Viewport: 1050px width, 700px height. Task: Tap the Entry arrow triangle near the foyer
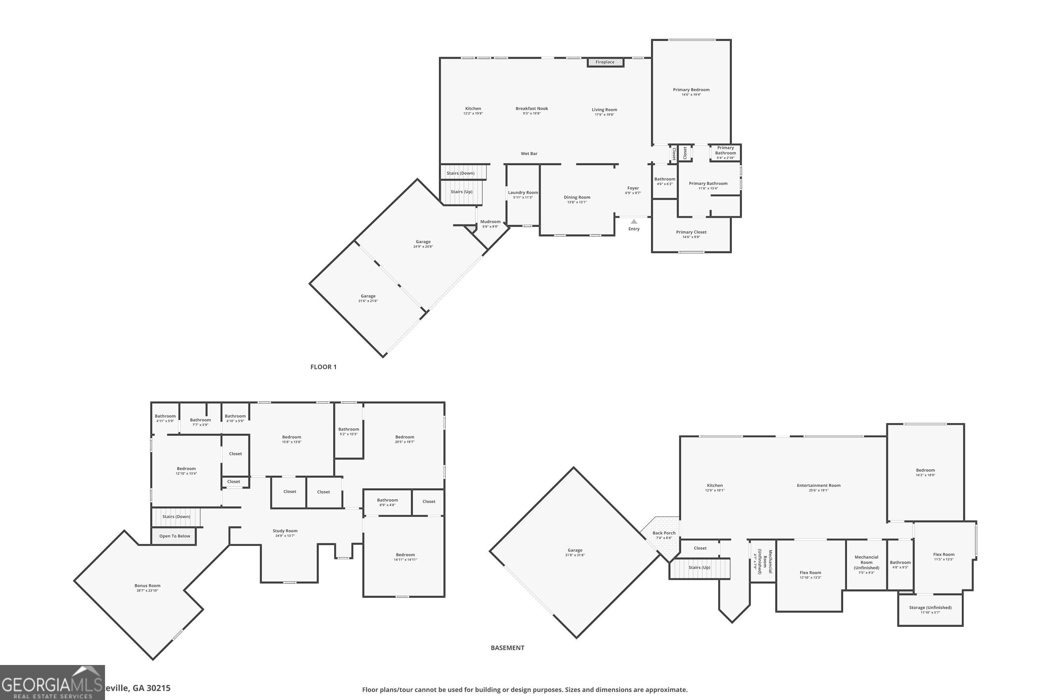coord(633,222)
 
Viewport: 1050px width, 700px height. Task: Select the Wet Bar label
coord(529,154)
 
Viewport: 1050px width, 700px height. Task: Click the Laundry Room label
coord(523,192)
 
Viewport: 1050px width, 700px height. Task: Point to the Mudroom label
coord(490,222)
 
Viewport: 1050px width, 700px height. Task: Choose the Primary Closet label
coord(691,232)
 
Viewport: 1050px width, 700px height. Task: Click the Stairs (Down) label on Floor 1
coord(461,173)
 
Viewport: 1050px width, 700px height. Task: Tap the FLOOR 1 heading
coord(323,367)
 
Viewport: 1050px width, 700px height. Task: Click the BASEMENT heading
coord(507,648)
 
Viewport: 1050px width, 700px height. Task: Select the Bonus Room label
coord(147,586)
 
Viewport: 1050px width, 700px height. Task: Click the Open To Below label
coord(175,536)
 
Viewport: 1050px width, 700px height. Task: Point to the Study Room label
coord(285,531)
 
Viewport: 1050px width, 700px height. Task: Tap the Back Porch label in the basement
coord(664,533)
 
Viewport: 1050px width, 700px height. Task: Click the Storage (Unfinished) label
coord(930,608)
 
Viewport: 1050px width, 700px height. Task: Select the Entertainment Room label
coord(819,485)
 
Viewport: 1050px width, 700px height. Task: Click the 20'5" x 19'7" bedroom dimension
coord(405,442)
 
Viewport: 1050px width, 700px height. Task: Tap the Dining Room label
coord(577,197)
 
